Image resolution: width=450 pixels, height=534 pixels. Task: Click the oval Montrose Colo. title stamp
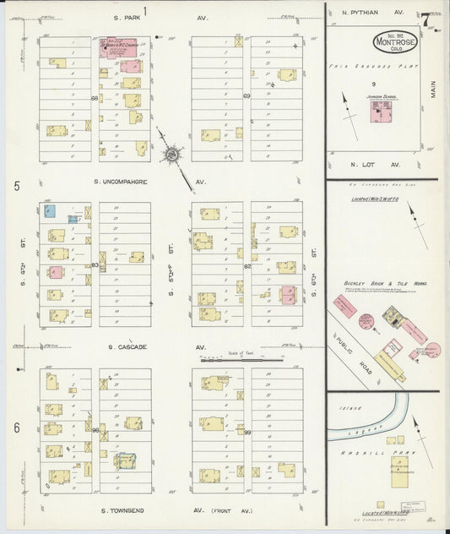coord(388,42)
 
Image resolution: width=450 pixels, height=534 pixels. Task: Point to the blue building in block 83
coord(50,211)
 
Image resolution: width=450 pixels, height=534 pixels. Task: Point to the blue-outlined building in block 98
coord(126,460)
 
